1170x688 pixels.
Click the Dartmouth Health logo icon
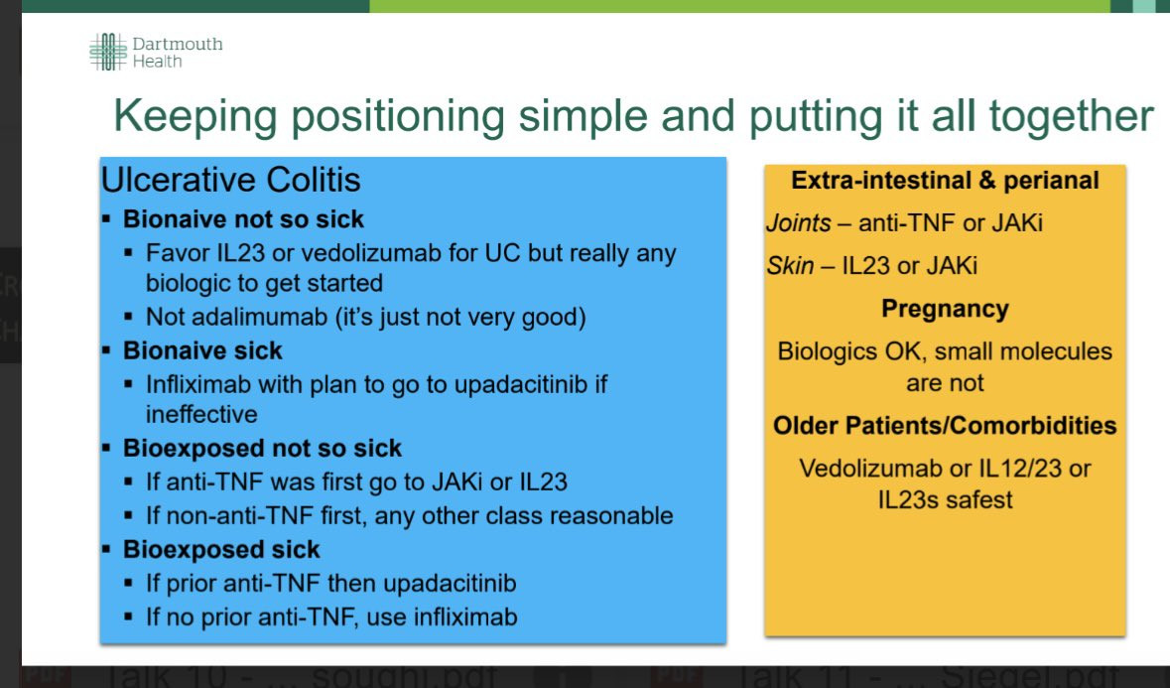point(108,52)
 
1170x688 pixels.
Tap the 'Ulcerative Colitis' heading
point(230,180)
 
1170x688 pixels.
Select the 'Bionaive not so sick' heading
point(243,219)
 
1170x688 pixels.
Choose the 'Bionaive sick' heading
point(202,350)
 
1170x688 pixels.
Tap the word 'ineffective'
point(201,414)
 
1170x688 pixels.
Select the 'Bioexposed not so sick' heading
point(262,449)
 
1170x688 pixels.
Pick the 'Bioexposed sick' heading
point(221,550)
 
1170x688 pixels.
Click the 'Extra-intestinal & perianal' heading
point(945,181)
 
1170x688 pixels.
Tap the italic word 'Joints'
point(799,223)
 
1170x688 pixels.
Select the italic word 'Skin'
point(790,266)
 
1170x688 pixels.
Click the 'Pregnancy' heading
point(945,309)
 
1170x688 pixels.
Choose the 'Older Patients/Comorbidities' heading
point(945,426)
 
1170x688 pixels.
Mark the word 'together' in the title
point(1072,117)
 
